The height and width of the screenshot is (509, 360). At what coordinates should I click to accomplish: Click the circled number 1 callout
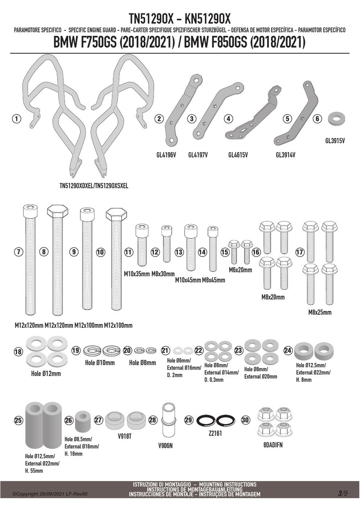point(16,119)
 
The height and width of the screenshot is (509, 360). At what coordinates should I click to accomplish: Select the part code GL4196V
point(166,155)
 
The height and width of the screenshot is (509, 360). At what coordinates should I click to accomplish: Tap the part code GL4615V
point(238,155)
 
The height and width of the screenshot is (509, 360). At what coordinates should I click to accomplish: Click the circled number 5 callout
point(287,119)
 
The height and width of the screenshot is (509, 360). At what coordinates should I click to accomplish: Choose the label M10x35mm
point(137,274)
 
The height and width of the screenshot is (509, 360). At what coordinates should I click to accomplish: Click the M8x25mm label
point(320,312)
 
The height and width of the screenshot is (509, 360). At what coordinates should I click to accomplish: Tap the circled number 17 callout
point(300,252)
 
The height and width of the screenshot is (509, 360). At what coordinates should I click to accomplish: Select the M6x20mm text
point(240,270)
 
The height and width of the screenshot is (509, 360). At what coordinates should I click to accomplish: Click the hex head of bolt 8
point(58,212)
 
